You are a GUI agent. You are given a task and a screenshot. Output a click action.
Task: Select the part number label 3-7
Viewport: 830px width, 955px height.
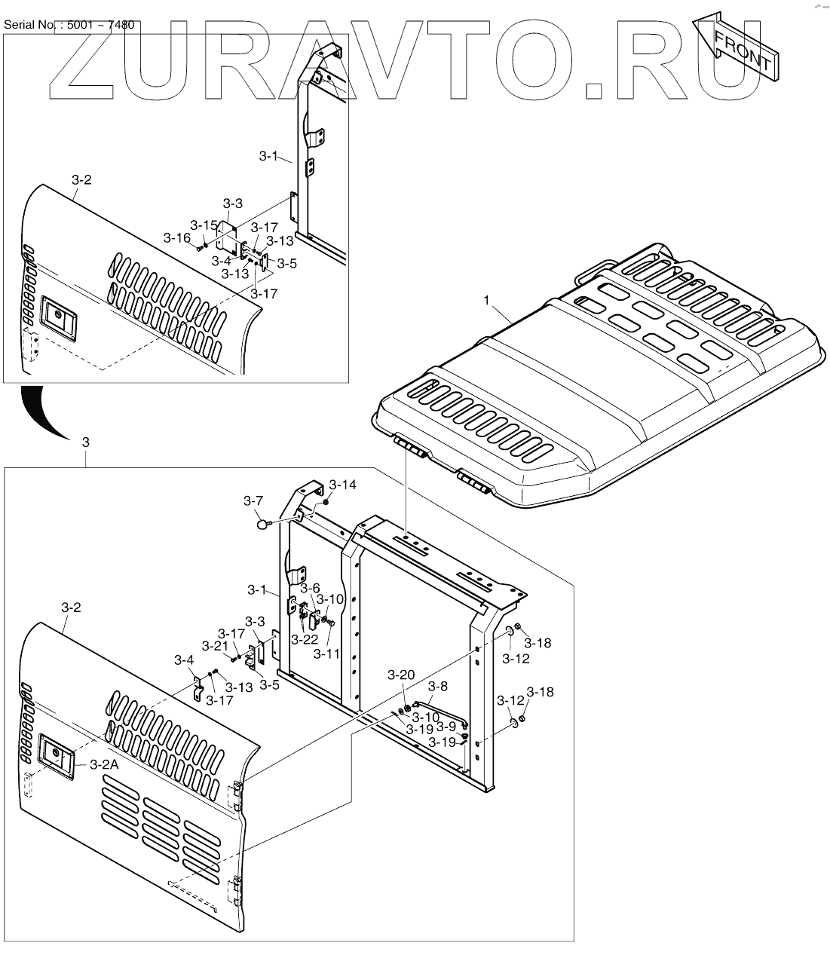(x=253, y=500)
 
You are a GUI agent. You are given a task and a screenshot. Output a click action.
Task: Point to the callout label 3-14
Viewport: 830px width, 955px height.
(x=343, y=484)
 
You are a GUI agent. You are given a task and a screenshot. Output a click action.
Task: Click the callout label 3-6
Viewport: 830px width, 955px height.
(x=310, y=588)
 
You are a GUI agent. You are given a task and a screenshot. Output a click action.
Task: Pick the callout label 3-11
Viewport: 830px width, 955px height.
(x=327, y=654)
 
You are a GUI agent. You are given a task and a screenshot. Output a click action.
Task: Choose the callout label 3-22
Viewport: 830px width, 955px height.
(x=305, y=639)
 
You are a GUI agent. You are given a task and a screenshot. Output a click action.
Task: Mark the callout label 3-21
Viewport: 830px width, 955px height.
(x=215, y=646)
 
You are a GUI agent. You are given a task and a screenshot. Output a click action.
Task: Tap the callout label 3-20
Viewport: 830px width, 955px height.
(x=401, y=675)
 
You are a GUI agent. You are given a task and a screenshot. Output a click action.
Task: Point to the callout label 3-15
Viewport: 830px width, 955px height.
(x=204, y=225)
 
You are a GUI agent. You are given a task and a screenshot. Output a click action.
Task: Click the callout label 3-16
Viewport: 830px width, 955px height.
(x=177, y=237)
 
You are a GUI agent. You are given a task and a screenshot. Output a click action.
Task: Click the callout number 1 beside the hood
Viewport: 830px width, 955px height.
(x=486, y=300)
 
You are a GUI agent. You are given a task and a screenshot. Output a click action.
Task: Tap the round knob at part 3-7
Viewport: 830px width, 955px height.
(x=262, y=524)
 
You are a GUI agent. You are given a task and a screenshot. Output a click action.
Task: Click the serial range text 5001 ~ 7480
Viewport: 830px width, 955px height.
(x=101, y=25)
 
